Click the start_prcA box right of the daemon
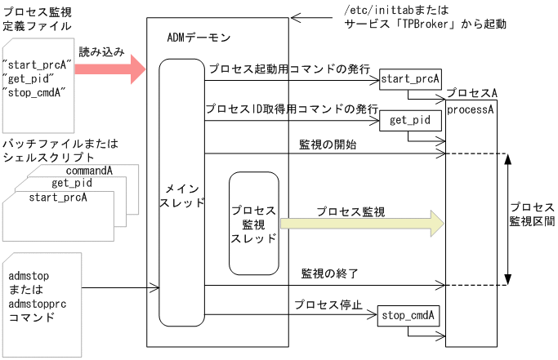pyautogui.click(x=411, y=79)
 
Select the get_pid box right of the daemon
pyautogui.click(x=411, y=122)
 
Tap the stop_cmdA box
pyautogui.click(x=408, y=316)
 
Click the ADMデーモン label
pyautogui.click(x=198, y=38)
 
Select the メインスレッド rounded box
pyautogui.click(x=181, y=196)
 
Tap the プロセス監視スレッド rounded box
pyautogui.click(x=254, y=222)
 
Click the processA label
pyautogui.click(x=469, y=109)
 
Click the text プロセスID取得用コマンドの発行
pyautogui.click(x=291, y=109)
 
